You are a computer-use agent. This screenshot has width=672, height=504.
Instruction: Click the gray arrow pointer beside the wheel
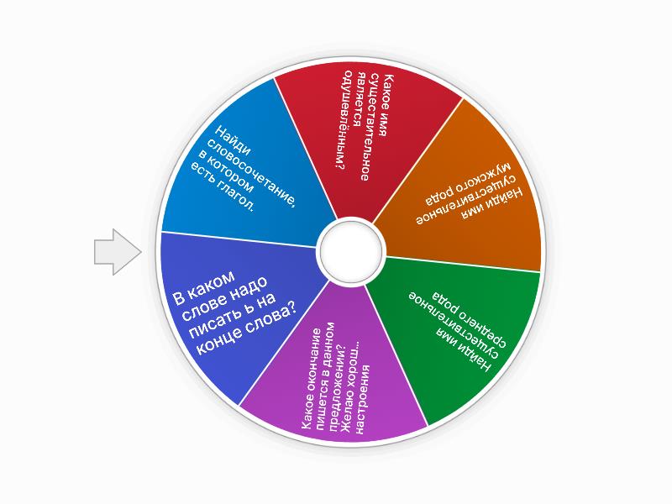tap(117, 252)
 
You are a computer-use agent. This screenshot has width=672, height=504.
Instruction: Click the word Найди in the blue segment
tap(233, 140)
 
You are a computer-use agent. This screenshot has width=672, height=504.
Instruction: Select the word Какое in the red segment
tap(388, 89)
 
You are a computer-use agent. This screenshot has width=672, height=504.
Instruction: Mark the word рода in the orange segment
tap(442, 194)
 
